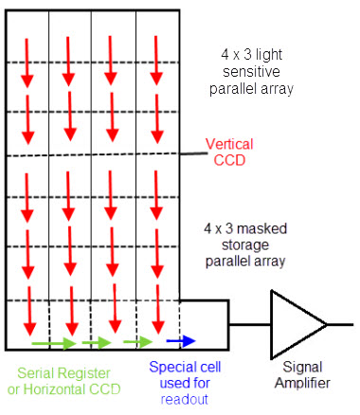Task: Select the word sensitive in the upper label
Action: (249, 72)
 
